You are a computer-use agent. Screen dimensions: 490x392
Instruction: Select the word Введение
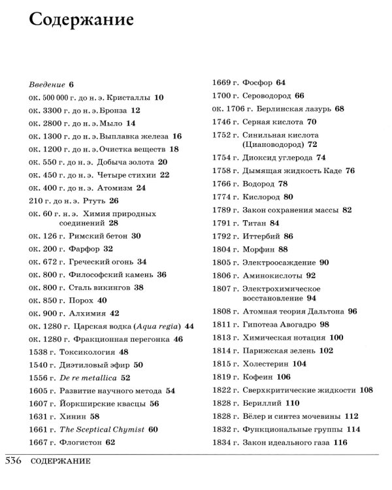pyautogui.click(x=47, y=85)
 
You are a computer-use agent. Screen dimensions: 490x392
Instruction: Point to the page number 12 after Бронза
pyautogui.click(x=136, y=110)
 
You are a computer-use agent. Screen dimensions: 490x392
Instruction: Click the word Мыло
pyautogui.click(x=112, y=123)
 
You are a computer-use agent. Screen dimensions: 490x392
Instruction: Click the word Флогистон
pyautogui.click(x=80, y=442)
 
